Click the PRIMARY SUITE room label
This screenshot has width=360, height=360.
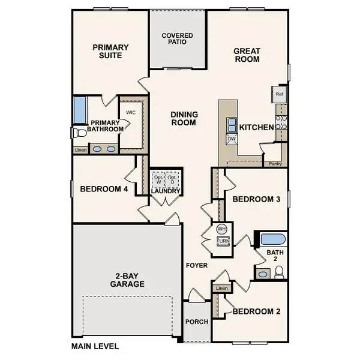tap(108, 51)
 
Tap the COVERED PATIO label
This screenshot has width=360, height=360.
tap(178, 39)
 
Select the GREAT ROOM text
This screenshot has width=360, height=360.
tap(247, 55)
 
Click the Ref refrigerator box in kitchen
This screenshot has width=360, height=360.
tap(279, 94)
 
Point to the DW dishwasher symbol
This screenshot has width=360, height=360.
tap(232, 139)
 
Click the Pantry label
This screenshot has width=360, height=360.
tap(275, 163)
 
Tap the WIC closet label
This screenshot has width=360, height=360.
tap(131, 112)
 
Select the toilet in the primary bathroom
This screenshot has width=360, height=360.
tap(77, 133)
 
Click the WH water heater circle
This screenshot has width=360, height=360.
tap(222, 229)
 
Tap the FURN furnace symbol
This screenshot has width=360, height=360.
tap(222, 241)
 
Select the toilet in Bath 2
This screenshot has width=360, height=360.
tap(279, 273)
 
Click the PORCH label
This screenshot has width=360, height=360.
tap(196, 322)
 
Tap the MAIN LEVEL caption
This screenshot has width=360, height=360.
tap(95, 346)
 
